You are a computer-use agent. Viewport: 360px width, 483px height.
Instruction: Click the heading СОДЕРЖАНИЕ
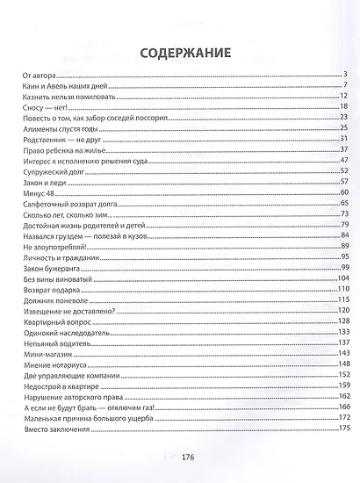179,53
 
